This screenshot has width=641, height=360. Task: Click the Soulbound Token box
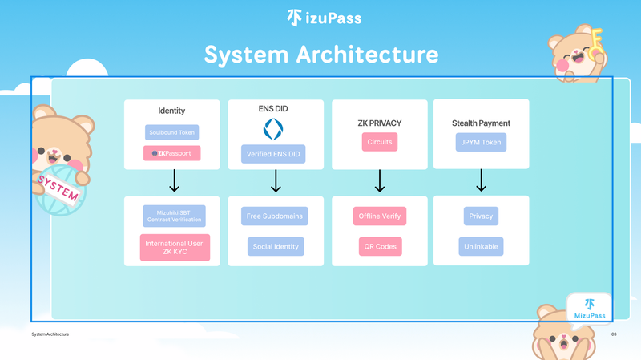tap(171, 132)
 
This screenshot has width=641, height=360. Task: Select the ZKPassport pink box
tap(171, 153)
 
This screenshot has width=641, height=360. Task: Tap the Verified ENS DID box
tap(273, 154)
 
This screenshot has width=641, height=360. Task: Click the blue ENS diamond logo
tap(273, 128)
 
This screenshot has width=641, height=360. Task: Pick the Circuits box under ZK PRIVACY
tap(380, 142)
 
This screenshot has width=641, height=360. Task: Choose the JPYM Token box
tap(481, 142)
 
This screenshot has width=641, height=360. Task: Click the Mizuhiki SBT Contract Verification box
tap(174, 216)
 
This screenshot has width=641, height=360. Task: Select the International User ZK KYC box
tap(174, 248)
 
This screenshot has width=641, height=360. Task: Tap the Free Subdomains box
tap(275, 216)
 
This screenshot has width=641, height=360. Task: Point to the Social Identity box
tap(276, 246)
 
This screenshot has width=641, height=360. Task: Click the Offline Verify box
tap(380, 216)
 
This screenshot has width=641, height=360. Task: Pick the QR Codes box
tap(380, 246)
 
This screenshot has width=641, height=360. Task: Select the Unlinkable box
tap(481, 246)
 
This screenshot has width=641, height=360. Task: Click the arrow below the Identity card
tap(173, 182)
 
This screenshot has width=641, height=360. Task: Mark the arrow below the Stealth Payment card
tap(481, 181)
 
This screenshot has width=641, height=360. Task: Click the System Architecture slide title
tap(320, 55)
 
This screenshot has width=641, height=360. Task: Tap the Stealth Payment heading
tap(481, 123)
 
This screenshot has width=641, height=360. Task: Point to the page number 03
tap(614, 334)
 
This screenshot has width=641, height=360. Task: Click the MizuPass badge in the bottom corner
tap(590, 309)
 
